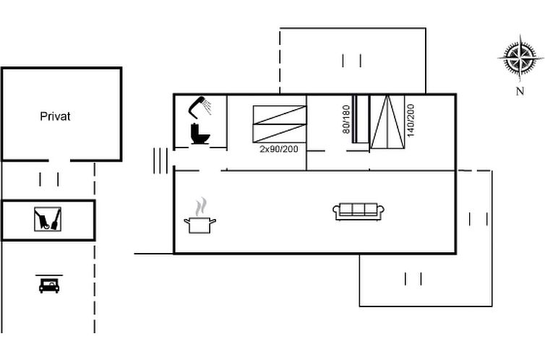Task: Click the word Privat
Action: tap(55, 116)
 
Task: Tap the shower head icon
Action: tap(199, 106)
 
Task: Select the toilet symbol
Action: tap(200, 134)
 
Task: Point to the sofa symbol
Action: tap(359, 211)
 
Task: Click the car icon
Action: tap(49, 286)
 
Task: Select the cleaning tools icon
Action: tap(48, 219)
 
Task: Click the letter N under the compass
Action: tap(520, 91)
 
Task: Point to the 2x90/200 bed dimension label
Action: tap(279, 149)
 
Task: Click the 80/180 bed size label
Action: tap(346, 119)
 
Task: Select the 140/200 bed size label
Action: tap(411, 120)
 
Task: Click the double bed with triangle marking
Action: tap(387, 122)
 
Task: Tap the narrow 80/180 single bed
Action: tap(361, 119)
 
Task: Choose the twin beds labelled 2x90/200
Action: tap(280, 124)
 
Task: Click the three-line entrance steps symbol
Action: tap(160, 160)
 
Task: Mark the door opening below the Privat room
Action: tap(59, 160)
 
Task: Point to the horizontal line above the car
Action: tap(49, 275)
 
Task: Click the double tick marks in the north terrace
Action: tap(352, 61)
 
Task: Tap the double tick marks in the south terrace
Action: tap(413, 279)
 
